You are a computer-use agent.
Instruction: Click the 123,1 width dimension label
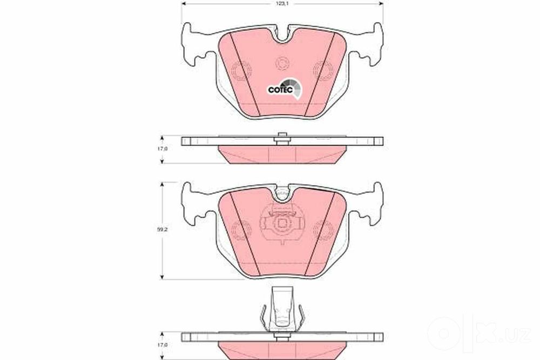(x=282, y=3)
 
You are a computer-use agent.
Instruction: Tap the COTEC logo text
(x=280, y=90)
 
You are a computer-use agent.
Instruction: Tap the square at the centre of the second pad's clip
(x=282, y=223)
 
